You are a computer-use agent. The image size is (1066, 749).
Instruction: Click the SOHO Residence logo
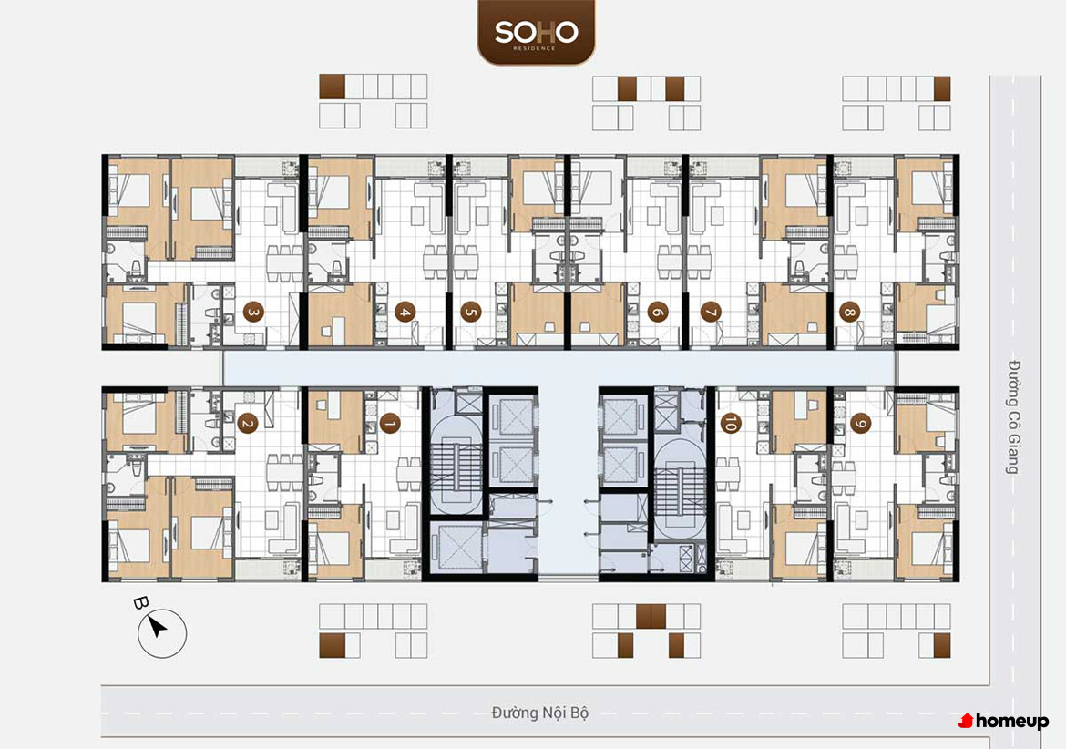coord(536,33)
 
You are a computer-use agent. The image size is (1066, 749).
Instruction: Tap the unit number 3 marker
coord(253,313)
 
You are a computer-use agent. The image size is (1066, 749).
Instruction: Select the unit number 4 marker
coord(405,313)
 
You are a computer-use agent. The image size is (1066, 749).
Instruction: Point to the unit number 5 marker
coord(470,313)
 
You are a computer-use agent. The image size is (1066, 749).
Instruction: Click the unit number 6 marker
coord(657,313)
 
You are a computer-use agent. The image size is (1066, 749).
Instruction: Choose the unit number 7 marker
coord(711,313)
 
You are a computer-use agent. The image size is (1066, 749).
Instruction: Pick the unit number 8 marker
coord(849,313)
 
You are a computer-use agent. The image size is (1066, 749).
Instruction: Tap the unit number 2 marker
coord(247,424)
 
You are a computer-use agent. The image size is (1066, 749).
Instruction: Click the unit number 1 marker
coord(390,424)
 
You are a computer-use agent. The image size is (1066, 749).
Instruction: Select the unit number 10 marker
coord(730,424)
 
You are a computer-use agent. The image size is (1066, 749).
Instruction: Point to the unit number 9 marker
coord(861,424)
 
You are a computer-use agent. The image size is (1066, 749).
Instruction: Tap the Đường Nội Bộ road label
coord(539,713)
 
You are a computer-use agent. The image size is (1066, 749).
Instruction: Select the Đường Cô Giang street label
coord(1014,416)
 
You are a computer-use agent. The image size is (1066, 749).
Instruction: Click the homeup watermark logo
coord(1003,721)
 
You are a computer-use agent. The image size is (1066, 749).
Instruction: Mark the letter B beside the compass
coord(140,602)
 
